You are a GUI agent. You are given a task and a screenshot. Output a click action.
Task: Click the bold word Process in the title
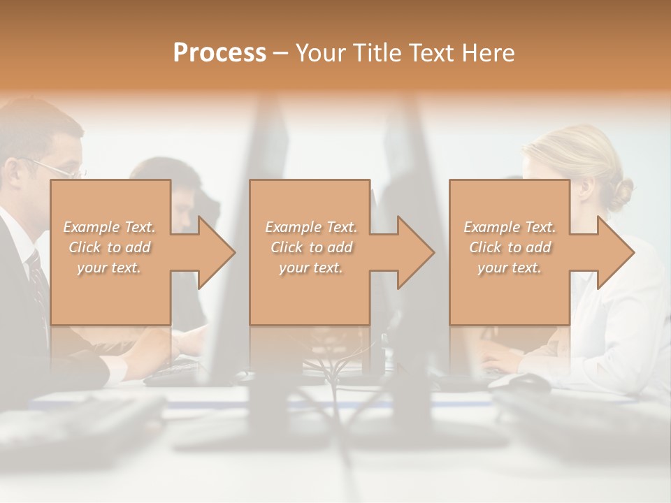click(x=219, y=53)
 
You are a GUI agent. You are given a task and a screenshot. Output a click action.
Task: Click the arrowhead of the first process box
click(x=217, y=252)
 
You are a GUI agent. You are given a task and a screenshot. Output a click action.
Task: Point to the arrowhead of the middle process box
click(x=416, y=252)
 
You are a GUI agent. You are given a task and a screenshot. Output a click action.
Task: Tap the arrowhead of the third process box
click(x=616, y=252)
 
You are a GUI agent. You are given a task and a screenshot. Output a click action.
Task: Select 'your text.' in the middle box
click(x=310, y=268)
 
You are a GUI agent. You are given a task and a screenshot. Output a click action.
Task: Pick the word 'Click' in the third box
click(x=485, y=247)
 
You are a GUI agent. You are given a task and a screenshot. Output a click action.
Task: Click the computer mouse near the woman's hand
click(x=528, y=381)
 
